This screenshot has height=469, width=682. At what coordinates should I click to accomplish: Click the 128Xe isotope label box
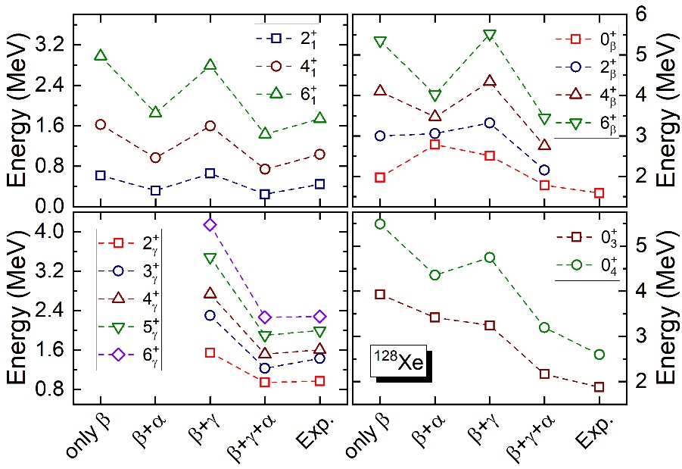click(398, 361)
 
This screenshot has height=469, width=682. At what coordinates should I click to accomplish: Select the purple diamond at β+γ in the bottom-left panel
click(210, 224)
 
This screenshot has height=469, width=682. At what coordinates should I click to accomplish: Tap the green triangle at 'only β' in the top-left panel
click(101, 55)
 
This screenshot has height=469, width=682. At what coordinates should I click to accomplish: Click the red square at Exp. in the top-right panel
click(599, 193)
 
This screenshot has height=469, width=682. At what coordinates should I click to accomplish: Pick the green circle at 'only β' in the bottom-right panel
click(380, 224)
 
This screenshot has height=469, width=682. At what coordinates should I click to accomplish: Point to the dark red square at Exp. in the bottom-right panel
click(599, 387)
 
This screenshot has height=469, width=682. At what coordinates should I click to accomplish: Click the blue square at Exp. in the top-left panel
click(319, 183)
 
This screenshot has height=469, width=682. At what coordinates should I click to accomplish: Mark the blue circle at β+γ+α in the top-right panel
click(544, 170)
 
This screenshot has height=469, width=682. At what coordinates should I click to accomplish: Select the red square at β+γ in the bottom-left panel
click(210, 352)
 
